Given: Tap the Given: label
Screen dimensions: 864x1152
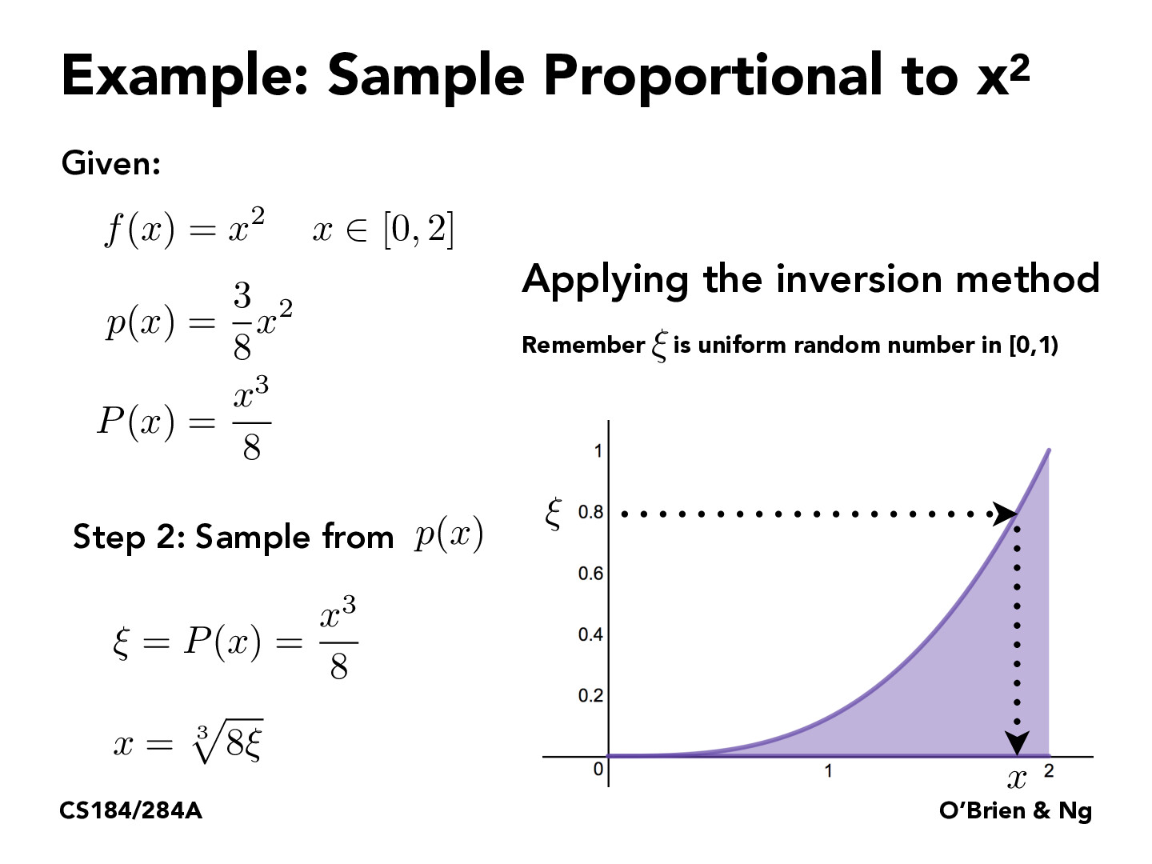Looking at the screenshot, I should tap(111, 164).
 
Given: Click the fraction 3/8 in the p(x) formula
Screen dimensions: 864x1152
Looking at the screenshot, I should tap(242, 322).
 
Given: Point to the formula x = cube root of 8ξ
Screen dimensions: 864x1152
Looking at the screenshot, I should tap(188, 742).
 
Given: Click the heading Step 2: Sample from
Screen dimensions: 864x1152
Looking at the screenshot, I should tap(233, 537).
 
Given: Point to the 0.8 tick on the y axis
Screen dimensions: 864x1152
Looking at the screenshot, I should tap(591, 512).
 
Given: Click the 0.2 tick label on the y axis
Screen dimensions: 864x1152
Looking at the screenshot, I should tap(591, 696).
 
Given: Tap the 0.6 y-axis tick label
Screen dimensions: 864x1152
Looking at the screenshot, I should tap(591, 574).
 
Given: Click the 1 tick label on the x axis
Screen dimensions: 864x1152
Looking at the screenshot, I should tap(828, 771).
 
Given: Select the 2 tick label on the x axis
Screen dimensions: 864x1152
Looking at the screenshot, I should tap(1049, 771).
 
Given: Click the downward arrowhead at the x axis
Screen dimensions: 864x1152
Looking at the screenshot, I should tap(1017, 742).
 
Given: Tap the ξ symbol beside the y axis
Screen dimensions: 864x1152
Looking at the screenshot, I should tap(553, 513).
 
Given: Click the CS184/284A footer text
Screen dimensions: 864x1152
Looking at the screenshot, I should tap(131, 811).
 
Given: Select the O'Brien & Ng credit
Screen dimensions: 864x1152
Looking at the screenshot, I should tap(1015, 811).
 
